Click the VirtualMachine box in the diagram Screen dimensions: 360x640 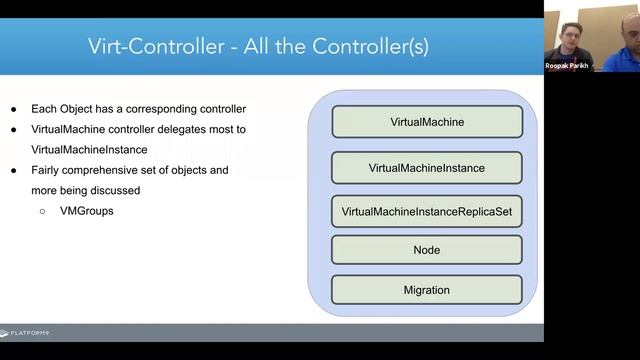426,122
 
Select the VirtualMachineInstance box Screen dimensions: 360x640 426,168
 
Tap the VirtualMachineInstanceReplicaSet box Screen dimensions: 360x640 426,212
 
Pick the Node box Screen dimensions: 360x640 426,250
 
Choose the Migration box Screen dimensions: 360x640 426,290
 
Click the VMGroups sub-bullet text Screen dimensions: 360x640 86,211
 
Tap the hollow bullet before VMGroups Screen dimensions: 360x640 42,211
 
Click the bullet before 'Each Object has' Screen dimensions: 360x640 14,109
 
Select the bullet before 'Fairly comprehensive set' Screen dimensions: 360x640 14,170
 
